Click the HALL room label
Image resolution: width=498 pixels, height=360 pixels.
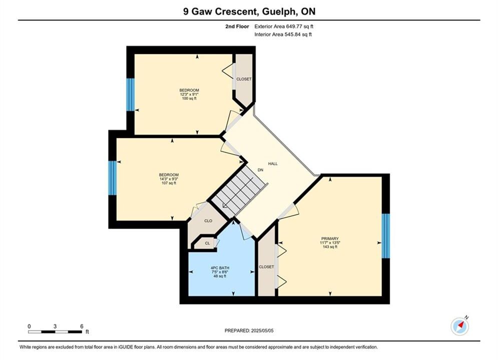click(x=273, y=163)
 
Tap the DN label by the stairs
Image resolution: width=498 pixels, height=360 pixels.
click(x=260, y=170)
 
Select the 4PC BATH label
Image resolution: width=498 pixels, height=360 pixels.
click(x=220, y=268)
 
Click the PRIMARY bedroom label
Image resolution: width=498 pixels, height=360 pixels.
click(x=330, y=238)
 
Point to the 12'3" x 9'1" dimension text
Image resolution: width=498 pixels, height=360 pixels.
click(x=189, y=94)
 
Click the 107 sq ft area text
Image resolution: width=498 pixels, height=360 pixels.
click(x=169, y=183)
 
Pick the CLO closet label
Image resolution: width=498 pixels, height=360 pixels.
click(x=208, y=221)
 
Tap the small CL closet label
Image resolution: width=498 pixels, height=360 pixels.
click(x=207, y=243)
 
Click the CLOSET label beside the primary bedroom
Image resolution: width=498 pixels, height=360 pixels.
click(x=266, y=267)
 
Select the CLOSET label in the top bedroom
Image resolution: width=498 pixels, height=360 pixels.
click(x=244, y=79)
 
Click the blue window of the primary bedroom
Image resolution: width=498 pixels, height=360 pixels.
click(x=385, y=236)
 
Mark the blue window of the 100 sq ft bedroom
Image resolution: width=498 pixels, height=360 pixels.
click(x=131, y=94)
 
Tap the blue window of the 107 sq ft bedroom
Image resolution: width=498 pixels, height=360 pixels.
click(x=113, y=178)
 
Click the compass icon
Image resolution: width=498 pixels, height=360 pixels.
click(x=460, y=326)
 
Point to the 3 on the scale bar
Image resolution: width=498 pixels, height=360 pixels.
click(x=55, y=326)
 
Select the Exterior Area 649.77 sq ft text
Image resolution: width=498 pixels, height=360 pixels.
click(x=284, y=26)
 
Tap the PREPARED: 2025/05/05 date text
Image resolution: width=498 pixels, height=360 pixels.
click(x=249, y=330)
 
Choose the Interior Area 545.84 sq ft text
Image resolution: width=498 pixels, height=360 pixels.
click(x=283, y=34)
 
